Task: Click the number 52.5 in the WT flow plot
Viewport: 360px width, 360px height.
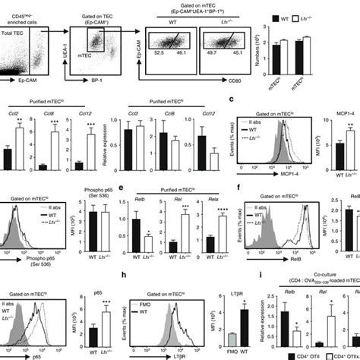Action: pos(159,74)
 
